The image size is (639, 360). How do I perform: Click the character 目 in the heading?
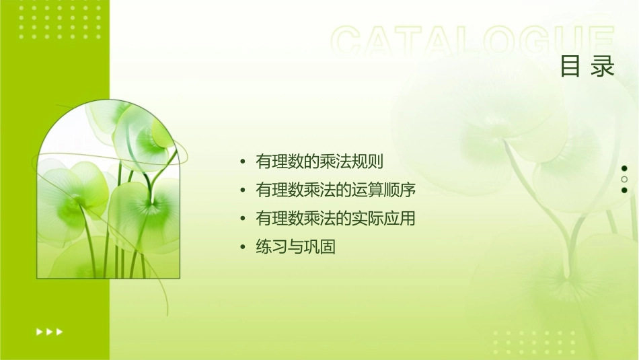tap(570, 67)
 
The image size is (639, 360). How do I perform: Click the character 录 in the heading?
tap(603, 67)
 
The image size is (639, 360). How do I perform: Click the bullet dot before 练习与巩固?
tap(242, 248)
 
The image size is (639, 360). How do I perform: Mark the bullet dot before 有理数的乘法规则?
tap(242, 162)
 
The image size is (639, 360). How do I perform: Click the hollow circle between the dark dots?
tap(624, 179)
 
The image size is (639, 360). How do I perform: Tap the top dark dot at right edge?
tap(624, 168)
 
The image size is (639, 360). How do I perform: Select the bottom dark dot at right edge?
tap(624, 190)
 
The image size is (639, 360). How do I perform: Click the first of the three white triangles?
tap(39, 332)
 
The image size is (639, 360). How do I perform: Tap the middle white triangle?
tap(49, 332)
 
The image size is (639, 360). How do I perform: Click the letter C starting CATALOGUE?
tap(346, 42)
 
